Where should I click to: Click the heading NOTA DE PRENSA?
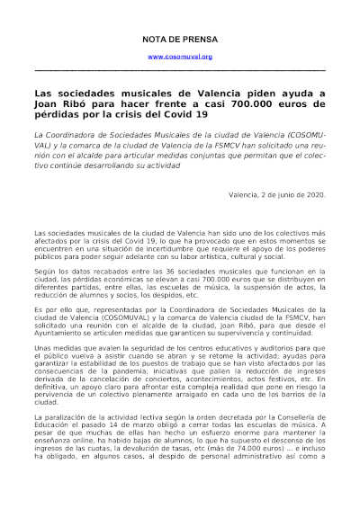(180, 40)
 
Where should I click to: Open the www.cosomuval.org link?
(180, 57)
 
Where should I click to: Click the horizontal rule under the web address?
(180, 69)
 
